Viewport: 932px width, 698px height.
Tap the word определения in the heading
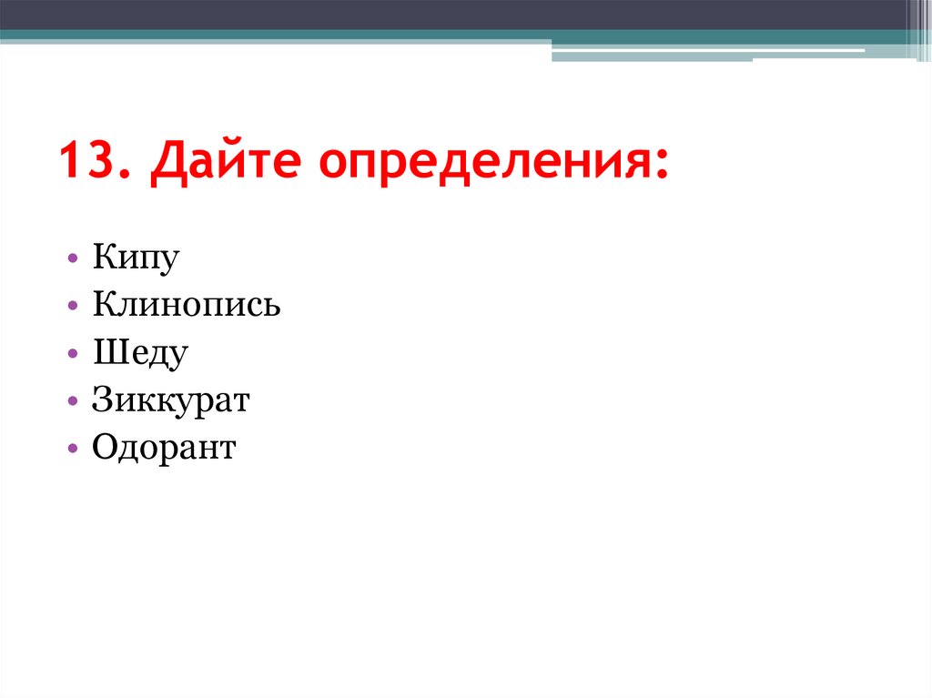[x=484, y=164]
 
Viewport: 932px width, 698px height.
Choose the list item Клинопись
[x=186, y=306]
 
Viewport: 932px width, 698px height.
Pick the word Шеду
[x=139, y=353]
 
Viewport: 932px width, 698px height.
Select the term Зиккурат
[x=170, y=400]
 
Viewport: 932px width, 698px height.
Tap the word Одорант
[x=164, y=448]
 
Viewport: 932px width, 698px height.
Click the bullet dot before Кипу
[x=72, y=260]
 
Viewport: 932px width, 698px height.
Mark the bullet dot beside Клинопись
[x=72, y=308]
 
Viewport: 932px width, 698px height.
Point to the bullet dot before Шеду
[x=72, y=355]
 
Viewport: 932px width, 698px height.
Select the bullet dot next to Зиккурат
[x=72, y=402]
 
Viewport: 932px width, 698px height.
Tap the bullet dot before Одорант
[x=72, y=450]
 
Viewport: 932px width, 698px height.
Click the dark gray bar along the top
[x=455, y=14]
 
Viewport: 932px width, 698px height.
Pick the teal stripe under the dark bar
[x=273, y=35]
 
